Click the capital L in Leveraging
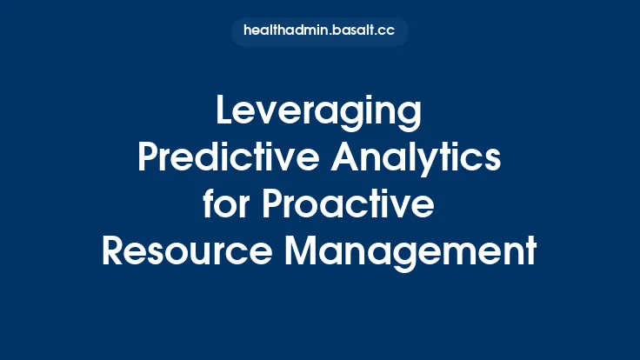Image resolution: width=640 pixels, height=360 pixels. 223,113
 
